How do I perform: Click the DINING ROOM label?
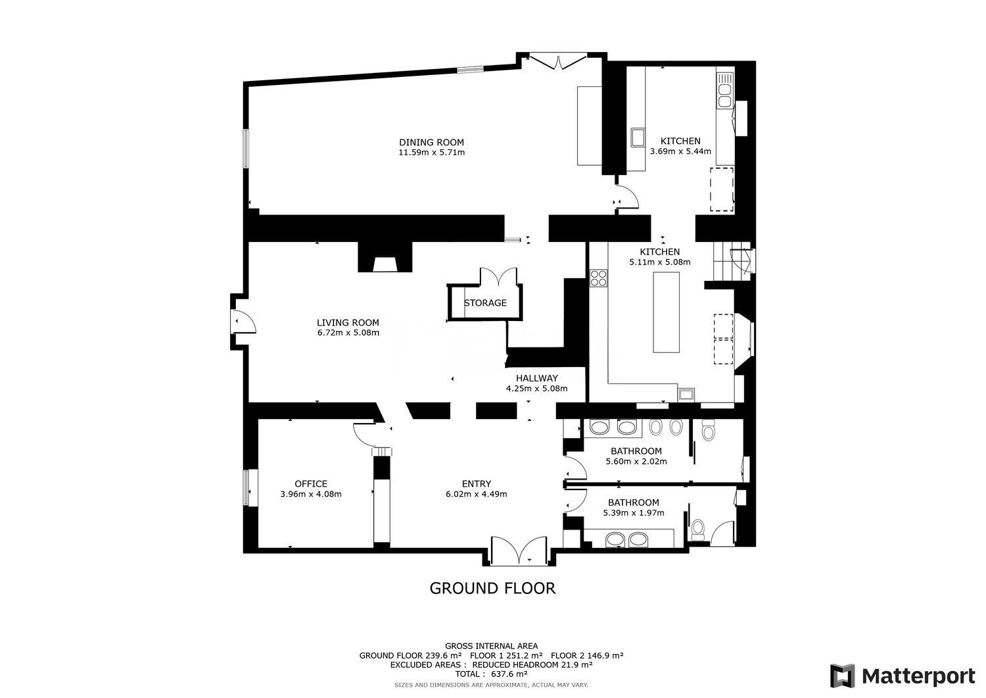pyautogui.click(x=431, y=142)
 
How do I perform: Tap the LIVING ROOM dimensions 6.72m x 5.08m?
pyautogui.click(x=348, y=333)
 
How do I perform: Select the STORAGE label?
pyautogui.click(x=485, y=303)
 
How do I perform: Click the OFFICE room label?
pyautogui.click(x=311, y=484)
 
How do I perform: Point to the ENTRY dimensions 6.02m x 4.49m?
pyautogui.click(x=477, y=494)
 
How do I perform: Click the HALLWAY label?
pyautogui.click(x=536, y=378)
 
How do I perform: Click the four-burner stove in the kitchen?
pyautogui.click(x=599, y=278)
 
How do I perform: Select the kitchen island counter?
pyautogui.click(x=666, y=312)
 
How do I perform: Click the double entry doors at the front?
pyautogui.click(x=519, y=550)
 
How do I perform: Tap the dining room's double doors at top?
pyautogui.click(x=558, y=62)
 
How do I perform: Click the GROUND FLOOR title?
pyautogui.click(x=492, y=588)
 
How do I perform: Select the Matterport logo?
pyautogui.click(x=903, y=676)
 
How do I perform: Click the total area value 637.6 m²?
pyautogui.click(x=508, y=674)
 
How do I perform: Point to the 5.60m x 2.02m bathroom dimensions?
pyautogui.click(x=636, y=461)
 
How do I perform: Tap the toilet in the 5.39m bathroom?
pyautogui.click(x=698, y=530)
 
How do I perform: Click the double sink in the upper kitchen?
pyautogui.click(x=724, y=96)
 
